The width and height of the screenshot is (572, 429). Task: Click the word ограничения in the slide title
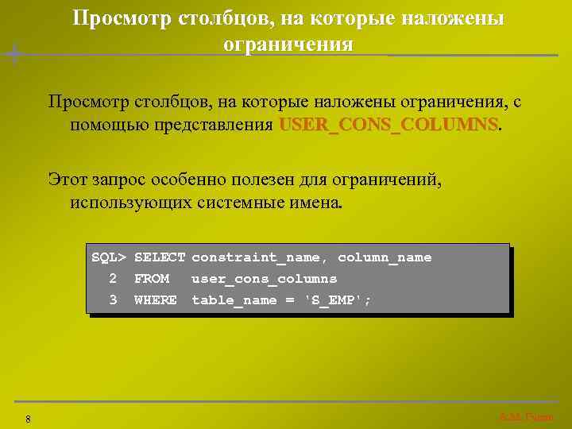[x=288, y=44]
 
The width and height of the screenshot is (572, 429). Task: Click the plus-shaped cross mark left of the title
[x=14, y=54]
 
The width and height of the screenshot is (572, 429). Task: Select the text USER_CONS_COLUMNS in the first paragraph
[x=389, y=126]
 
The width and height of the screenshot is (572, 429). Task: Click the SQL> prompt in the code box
[x=109, y=257]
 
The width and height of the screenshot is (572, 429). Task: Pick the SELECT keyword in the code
[x=160, y=257]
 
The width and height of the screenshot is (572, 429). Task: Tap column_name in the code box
[x=385, y=257]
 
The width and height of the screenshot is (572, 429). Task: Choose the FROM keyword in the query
[x=152, y=279]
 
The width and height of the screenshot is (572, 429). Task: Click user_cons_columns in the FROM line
[x=264, y=279]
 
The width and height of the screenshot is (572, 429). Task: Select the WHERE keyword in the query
[x=156, y=300]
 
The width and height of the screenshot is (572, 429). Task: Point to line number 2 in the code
[x=113, y=279]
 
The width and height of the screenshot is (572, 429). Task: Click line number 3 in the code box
[x=113, y=300]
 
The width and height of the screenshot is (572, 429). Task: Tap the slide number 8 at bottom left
[x=28, y=419]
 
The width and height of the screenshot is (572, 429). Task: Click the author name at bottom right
[x=526, y=417]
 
